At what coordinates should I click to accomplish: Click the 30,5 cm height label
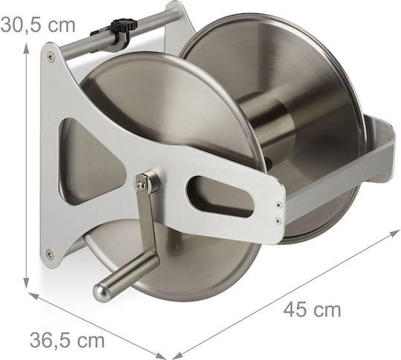click(38, 24)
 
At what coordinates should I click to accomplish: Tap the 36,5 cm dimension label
click(67, 340)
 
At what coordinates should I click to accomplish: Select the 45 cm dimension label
click(312, 310)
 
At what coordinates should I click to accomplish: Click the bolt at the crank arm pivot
click(140, 185)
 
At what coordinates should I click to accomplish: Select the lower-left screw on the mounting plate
click(49, 253)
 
